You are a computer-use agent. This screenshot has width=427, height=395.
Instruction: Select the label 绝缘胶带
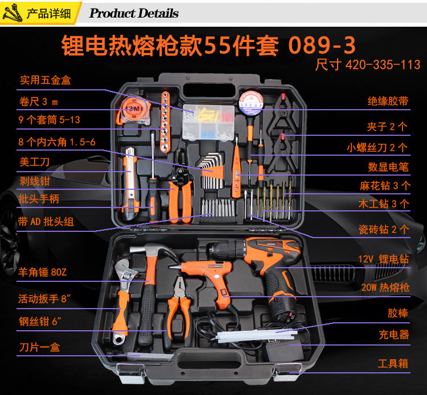point(388,101)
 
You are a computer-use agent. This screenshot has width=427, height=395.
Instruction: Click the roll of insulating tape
point(249,102)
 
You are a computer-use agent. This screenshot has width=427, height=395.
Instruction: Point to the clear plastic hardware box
point(208,120)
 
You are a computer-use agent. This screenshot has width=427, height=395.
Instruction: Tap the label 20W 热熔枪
point(385,288)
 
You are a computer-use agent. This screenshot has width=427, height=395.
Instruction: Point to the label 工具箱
point(393,363)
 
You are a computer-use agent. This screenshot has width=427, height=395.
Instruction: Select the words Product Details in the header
point(134,13)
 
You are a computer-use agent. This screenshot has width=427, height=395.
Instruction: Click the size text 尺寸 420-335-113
point(368,64)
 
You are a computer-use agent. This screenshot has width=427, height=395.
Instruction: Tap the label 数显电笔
point(388,167)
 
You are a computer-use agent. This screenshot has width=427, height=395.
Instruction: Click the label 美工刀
point(34,162)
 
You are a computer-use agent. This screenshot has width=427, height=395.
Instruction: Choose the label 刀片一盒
point(39,346)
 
